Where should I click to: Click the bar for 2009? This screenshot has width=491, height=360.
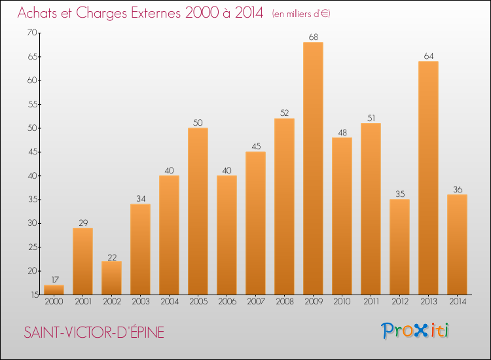[x=313, y=168]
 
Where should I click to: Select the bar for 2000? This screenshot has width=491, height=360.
[x=54, y=290]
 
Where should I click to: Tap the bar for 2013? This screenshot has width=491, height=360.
[x=428, y=178]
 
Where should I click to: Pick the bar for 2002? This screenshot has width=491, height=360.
[x=111, y=278]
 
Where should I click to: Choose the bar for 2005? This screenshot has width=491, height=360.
[x=198, y=211]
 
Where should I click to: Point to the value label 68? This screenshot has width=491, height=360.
[x=313, y=37]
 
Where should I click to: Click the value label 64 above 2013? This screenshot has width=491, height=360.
[x=428, y=56]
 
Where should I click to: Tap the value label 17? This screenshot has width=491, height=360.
[x=54, y=279]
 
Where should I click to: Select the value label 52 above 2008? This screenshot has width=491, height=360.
[x=284, y=113]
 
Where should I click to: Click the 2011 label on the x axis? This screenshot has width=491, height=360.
[x=371, y=302]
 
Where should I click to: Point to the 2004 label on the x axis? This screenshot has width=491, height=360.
[x=169, y=302]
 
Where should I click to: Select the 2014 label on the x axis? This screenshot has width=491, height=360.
[x=457, y=302]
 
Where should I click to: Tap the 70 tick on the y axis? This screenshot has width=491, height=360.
[x=31, y=33]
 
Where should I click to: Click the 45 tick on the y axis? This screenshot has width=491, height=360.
[x=31, y=152]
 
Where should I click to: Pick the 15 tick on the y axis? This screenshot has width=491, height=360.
[x=31, y=295]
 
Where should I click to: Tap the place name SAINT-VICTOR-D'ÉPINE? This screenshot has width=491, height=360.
[x=94, y=333]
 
